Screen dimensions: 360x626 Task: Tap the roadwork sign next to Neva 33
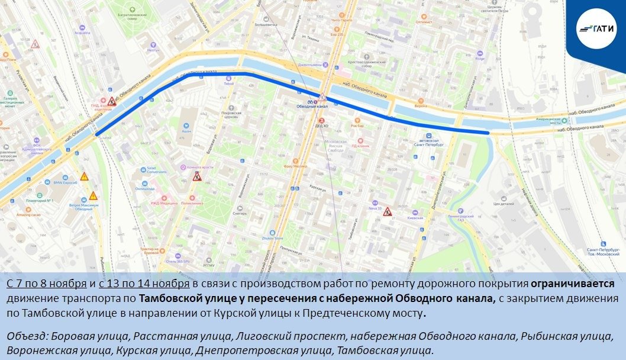pyautogui.click(x=388, y=211)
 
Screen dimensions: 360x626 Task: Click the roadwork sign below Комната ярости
pyautogui.click(x=197, y=176)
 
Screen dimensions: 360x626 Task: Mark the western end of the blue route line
pyautogui.click(x=97, y=134)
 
